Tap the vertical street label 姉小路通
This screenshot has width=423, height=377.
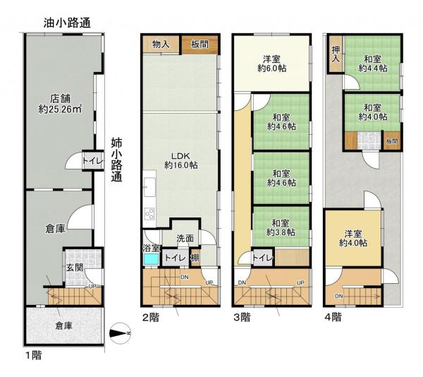pos(117,160)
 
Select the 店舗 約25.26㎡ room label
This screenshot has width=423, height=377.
pos(59,104)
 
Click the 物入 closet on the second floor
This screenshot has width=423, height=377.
pos(161,44)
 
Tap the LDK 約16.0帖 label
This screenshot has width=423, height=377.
pos(180,160)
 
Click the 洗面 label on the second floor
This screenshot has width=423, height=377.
pos(185,239)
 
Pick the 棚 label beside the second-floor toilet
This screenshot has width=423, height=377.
pos(195,258)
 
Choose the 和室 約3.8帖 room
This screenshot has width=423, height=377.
pos(281,227)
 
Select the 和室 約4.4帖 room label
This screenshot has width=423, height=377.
pos(372,64)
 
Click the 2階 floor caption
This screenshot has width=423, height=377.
pos(150,317)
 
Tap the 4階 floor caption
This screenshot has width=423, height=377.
pos(335,317)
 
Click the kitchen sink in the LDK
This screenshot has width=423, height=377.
pos(149,190)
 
